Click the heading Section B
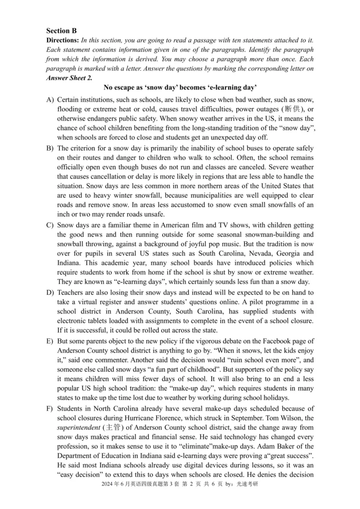tap(62, 31)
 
